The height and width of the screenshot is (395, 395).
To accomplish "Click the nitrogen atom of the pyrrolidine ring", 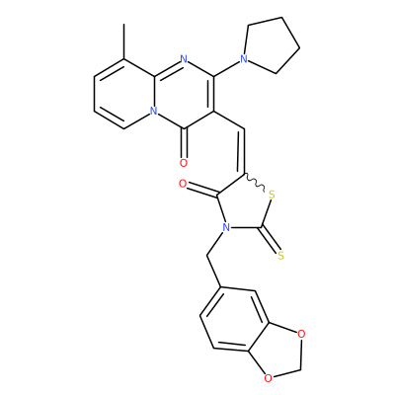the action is coord(244,59).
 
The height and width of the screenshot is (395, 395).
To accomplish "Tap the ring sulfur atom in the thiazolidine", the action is coord(272,195).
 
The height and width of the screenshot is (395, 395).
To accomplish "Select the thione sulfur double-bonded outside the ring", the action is coord(280,255).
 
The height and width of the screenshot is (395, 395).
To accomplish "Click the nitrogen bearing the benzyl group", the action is coord(225,227).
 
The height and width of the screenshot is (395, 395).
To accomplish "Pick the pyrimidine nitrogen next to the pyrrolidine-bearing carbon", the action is coord(184,59).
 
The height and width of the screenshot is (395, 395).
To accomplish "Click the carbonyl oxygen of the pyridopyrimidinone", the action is coord(184,163).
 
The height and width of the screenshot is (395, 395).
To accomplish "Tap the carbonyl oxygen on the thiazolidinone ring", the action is coord(183,184).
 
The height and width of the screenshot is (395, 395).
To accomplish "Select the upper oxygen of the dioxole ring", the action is coord(301,334).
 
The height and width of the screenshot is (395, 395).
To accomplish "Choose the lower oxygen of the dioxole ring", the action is coord(269,378).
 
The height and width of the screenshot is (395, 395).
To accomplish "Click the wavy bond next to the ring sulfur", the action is coord(254,183).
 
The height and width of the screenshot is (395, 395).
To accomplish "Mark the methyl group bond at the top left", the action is coord(123,41).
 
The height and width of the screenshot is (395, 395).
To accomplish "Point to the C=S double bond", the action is coord(270,240).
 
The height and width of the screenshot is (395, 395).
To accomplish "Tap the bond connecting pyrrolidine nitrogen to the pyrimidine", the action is coord(226,68).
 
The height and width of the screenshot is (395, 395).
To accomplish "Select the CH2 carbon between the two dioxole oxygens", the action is coord(300,369).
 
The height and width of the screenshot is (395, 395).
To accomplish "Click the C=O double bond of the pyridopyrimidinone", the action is coord(184,143).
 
